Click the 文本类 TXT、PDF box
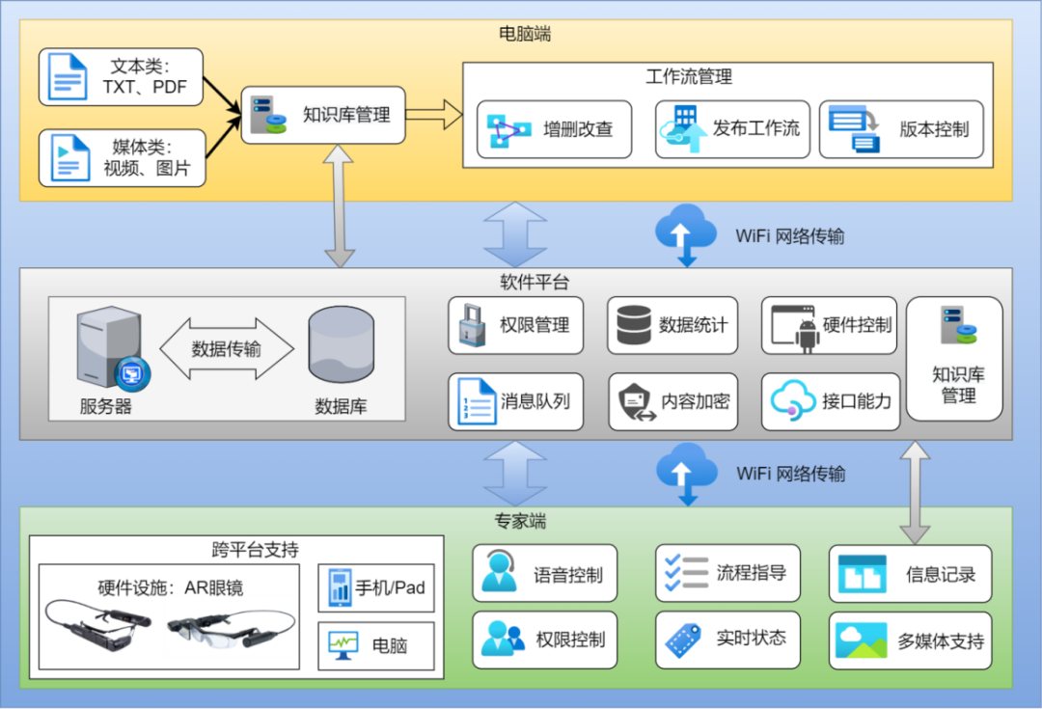pyautogui.click(x=122, y=77)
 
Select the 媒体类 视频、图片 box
pyautogui.click(x=122, y=157)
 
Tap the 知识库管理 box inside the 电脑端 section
pyautogui.click(x=322, y=115)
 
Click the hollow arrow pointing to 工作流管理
pyautogui.click(x=433, y=115)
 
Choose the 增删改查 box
pyautogui.click(x=554, y=129)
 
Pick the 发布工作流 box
pyautogui.click(x=727, y=129)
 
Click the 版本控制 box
pyautogui.click(x=901, y=129)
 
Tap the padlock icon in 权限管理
pyautogui.click(x=471, y=326)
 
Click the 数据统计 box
pyautogui.click(x=672, y=326)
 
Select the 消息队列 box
pyautogui.click(x=515, y=401)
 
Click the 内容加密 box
pyautogui.click(x=672, y=401)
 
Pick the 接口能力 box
pyautogui.click(x=830, y=401)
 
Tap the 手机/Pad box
pyautogui.click(x=375, y=588)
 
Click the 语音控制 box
pyautogui.click(x=544, y=575)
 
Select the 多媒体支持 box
pyautogui.click(x=910, y=641)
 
